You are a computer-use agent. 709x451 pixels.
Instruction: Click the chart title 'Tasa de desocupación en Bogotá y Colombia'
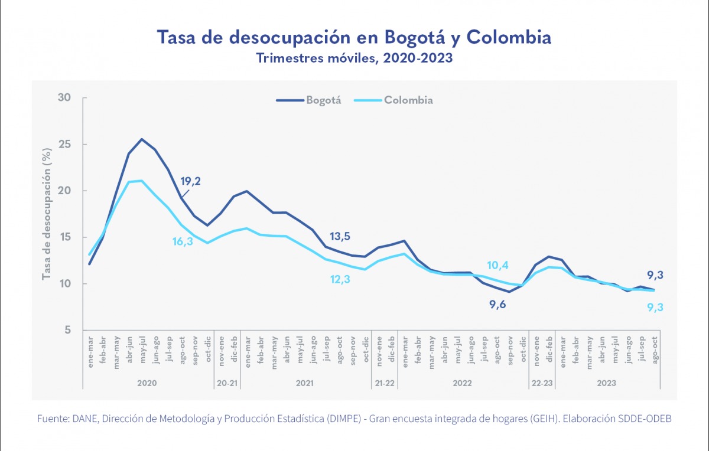[x=354, y=37]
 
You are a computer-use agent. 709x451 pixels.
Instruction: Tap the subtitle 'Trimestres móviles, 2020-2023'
[x=354, y=58]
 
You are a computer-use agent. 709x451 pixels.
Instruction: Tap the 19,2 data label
[x=190, y=181]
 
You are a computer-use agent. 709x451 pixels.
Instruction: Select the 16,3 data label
[x=183, y=241]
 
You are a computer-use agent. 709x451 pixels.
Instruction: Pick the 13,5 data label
[x=340, y=236]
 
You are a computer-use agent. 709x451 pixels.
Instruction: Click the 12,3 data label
[x=340, y=279]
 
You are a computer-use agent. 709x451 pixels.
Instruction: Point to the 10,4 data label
[x=497, y=265]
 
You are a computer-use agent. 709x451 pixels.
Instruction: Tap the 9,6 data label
[x=497, y=304]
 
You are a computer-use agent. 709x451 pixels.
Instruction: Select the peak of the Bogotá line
[x=142, y=139]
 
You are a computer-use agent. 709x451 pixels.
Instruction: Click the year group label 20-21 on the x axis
[x=227, y=383]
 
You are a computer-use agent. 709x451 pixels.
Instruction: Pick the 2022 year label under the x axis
[x=462, y=383]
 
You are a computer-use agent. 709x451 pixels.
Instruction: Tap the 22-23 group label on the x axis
[x=541, y=383]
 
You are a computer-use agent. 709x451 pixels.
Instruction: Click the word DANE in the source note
[x=84, y=419]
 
